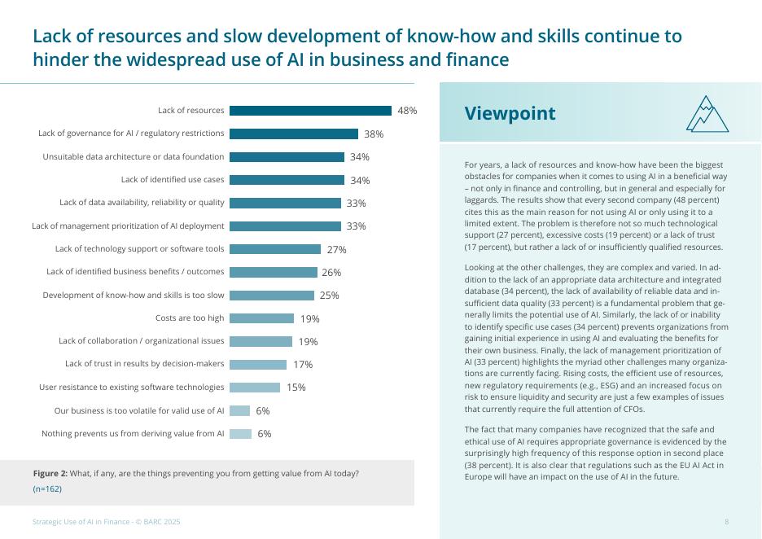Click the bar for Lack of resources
310,111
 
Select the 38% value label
374,134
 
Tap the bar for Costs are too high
261,318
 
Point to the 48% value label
407,111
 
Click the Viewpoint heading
510,114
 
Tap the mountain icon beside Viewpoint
707,114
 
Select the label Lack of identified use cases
173,180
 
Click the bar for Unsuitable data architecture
287,157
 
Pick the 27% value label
337,250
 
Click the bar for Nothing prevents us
240,434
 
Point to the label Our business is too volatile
139,411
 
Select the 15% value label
296,388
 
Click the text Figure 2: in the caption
50,474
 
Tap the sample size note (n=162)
47,489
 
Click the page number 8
726,522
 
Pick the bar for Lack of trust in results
258,365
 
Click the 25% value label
330,296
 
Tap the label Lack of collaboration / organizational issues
142,341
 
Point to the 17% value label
303,365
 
